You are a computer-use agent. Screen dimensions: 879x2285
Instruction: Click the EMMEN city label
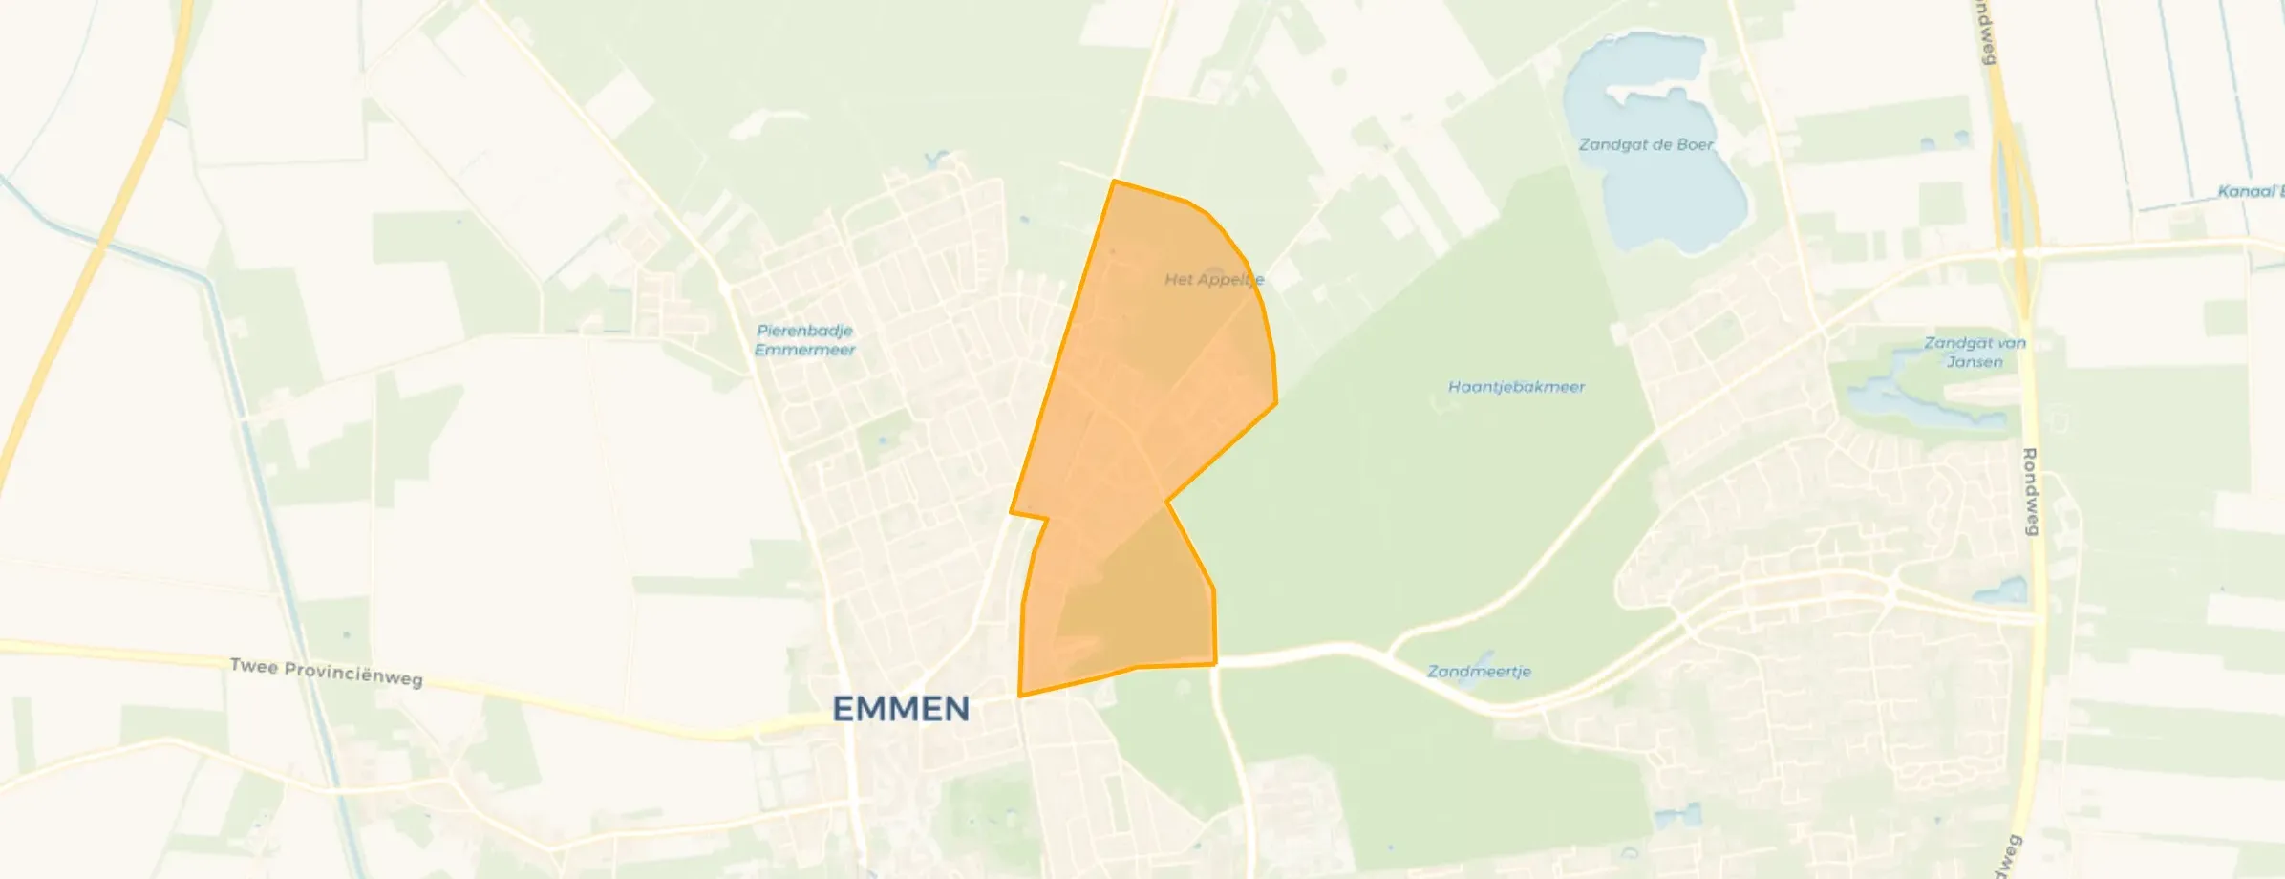click(901, 709)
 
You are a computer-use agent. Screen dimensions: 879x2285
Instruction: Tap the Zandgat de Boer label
click(1645, 145)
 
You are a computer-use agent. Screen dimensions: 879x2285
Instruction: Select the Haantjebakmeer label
click(1516, 387)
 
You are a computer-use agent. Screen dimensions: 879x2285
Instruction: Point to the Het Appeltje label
click(1213, 279)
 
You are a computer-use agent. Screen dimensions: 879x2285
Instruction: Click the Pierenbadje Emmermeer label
click(804, 340)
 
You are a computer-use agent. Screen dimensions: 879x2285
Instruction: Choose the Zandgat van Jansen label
click(1975, 352)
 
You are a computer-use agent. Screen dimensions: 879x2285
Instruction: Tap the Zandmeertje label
click(1479, 672)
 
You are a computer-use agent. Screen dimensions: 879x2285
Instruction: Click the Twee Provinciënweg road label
click(327, 672)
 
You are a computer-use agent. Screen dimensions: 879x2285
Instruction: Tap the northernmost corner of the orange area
click(1114, 181)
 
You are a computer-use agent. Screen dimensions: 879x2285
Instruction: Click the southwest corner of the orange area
click(1020, 696)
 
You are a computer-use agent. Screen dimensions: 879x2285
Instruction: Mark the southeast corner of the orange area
click(1215, 663)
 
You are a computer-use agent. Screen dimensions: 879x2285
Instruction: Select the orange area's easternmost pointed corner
click(1276, 403)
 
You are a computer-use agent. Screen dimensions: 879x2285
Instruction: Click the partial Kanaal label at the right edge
click(2250, 191)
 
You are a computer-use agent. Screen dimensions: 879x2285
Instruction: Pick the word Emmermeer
click(804, 350)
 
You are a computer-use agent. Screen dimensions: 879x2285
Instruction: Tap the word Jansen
click(1975, 362)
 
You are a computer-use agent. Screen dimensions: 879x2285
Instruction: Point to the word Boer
click(1695, 145)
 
